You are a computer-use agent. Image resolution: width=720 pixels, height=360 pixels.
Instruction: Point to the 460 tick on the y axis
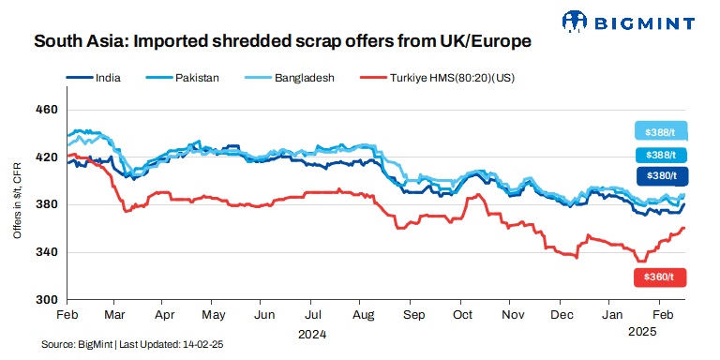[46, 110]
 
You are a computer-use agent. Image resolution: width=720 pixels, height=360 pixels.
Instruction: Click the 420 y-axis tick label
[46, 157]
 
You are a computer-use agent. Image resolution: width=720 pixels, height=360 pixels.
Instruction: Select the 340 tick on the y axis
[46, 252]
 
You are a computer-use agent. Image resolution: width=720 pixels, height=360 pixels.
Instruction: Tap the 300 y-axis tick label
[46, 300]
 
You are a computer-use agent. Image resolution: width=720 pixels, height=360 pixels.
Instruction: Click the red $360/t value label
[661, 277]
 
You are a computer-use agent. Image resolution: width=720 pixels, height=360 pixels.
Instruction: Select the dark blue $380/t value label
[661, 175]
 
